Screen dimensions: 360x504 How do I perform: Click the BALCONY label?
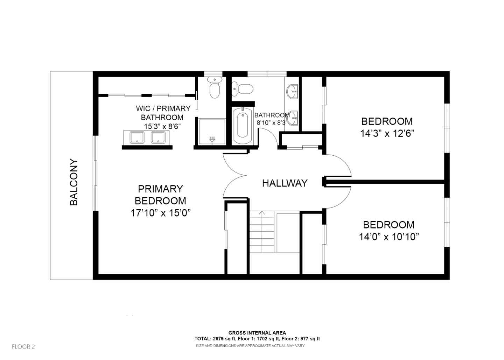pos(74,182)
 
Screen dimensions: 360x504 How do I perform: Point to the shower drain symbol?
pos(212,139)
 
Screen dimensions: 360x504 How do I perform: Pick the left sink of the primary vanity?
pos(137,137)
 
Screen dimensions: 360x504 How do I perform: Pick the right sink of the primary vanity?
pos(158,137)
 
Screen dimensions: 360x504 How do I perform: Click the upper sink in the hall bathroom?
pos(292,92)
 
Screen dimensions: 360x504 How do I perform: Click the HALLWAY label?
pos(285,183)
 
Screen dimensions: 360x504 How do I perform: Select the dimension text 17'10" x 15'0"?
pos(160,213)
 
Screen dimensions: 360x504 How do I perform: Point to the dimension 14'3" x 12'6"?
pos(387,134)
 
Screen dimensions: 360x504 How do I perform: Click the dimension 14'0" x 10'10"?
pos(388,237)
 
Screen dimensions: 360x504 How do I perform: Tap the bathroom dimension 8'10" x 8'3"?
pos(272,123)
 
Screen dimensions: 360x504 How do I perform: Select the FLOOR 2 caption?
pos(23,347)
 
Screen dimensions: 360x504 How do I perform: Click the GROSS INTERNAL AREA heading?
pos(257,333)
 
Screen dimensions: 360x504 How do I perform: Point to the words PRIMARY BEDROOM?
pos(160,195)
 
